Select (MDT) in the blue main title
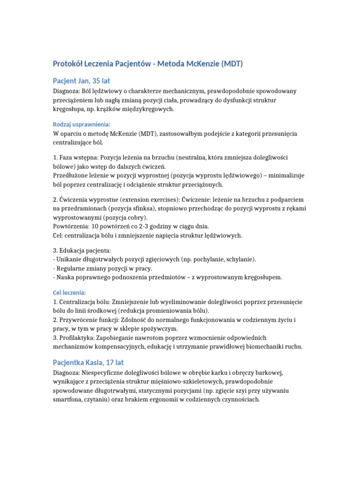[x=232, y=64]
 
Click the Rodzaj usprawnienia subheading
[x=82, y=124]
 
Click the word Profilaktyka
[x=77, y=337]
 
